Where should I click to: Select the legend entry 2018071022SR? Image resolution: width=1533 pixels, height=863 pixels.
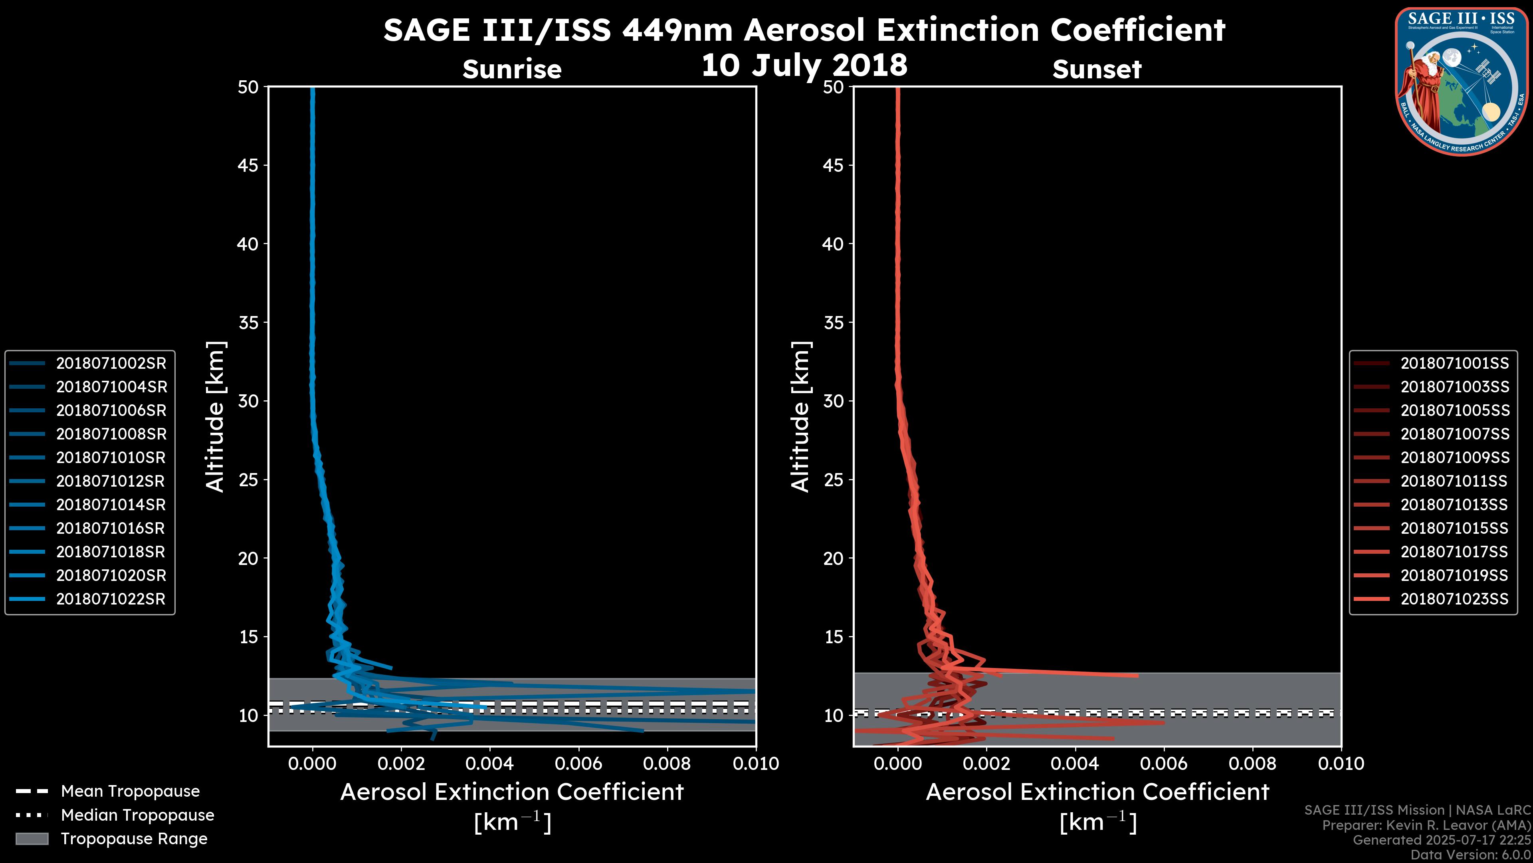point(111,599)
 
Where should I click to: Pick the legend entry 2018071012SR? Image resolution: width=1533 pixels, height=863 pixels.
point(111,481)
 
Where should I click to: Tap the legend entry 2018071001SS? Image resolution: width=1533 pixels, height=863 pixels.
point(1454,363)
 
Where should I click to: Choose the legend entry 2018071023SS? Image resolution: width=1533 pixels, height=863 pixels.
point(1454,599)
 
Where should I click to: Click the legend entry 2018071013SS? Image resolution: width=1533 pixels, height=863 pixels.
point(1454,505)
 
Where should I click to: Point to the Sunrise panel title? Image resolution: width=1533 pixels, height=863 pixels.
point(512,69)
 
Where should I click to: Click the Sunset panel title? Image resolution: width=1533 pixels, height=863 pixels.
point(1097,69)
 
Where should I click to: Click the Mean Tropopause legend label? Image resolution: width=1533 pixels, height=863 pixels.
point(130,791)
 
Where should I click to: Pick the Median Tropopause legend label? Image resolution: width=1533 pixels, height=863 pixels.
point(137,815)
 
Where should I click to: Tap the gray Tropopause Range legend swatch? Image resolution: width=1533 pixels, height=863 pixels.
point(32,839)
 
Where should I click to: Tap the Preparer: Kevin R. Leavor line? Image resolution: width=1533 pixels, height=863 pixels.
point(1426,825)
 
